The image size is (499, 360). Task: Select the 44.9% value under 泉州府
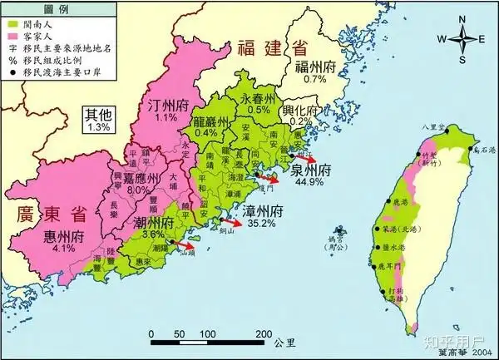coord(309,183)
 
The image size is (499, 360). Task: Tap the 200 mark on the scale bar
coord(263,334)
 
